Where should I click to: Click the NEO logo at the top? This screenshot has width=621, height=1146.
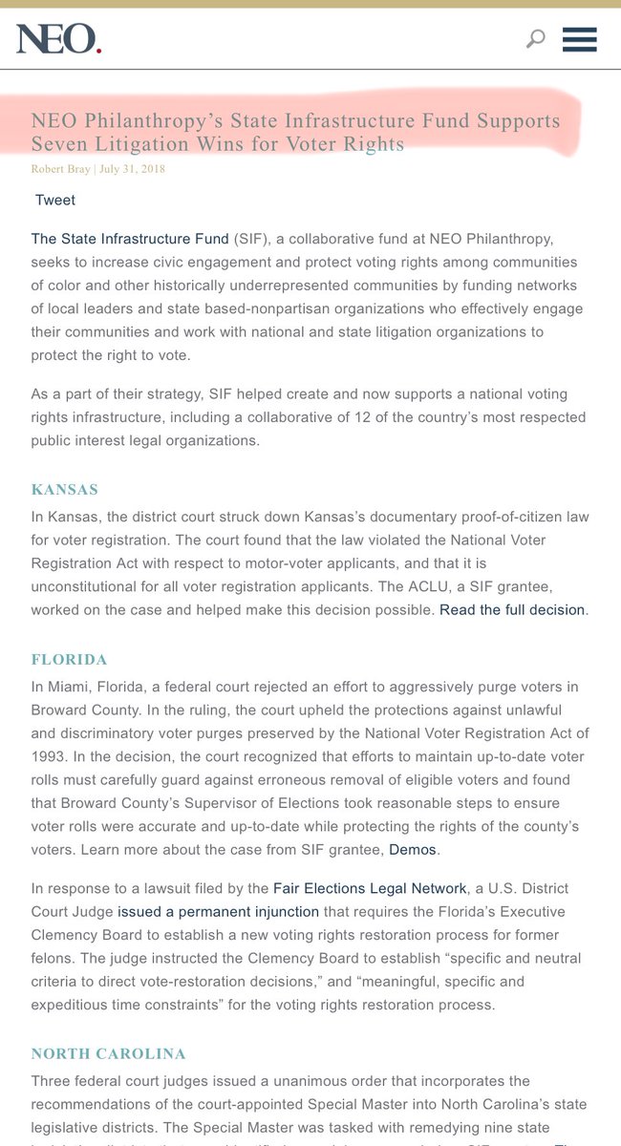(x=58, y=39)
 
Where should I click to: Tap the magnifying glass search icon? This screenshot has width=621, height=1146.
(x=536, y=39)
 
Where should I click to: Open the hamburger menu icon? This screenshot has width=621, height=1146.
(x=580, y=39)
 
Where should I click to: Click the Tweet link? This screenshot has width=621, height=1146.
(x=55, y=200)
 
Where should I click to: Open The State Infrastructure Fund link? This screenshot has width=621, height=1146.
(x=130, y=238)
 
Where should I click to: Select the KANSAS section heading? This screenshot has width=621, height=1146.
(x=65, y=490)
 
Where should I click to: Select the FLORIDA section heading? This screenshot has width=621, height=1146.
(x=69, y=660)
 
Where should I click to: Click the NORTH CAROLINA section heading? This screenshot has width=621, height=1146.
(x=108, y=1054)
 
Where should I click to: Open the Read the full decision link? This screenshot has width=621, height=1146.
(x=511, y=609)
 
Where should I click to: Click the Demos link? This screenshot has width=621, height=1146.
(x=413, y=848)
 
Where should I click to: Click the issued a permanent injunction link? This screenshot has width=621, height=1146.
(x=218, y=912)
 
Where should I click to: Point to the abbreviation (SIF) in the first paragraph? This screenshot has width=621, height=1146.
(x=251, y=238)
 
